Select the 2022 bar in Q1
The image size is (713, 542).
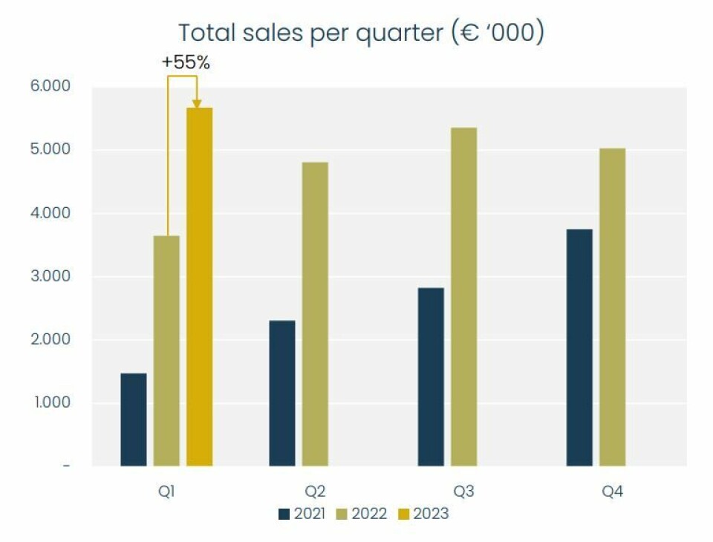(x=166, y=350)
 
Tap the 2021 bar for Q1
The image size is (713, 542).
(x=134, y=419)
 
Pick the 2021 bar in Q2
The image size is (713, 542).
(x=282, y=393)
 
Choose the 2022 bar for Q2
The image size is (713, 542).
(x=315, y=314)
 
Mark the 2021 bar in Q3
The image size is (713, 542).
(x=431, y=376)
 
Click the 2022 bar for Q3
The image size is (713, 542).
(x=463, y=297)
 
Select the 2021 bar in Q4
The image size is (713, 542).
(x=579, y=347)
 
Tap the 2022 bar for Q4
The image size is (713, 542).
(x=612, y=307)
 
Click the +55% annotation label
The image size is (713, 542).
(x=186, y=63)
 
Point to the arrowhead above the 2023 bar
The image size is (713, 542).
(x=197, y=103)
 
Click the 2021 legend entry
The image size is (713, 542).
(x=302, y=513)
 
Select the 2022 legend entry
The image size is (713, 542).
(x=363, y=513)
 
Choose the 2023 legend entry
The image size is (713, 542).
(x=425, y=513)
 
